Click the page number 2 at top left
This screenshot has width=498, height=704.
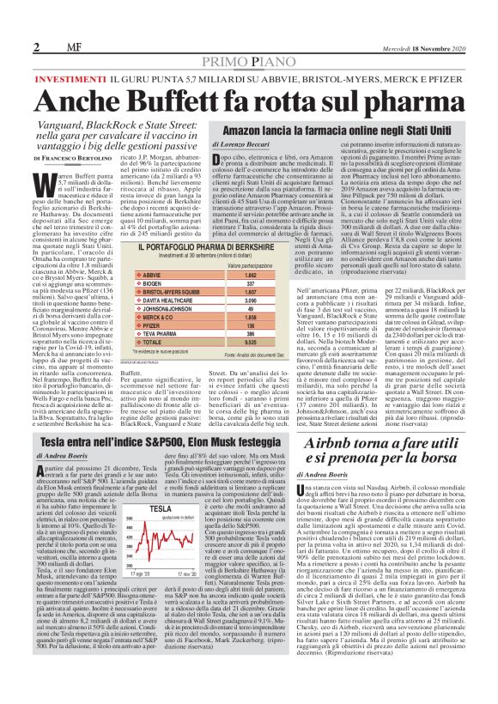[x=14, y=45]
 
